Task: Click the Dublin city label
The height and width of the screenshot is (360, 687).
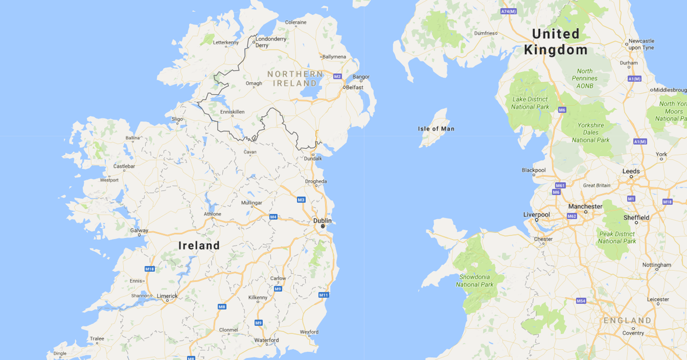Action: (322, 220)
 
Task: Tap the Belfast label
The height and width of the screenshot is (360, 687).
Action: (355, 88)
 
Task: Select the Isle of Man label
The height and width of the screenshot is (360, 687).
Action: (436, 129)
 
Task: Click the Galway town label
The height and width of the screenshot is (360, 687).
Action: (139, 231)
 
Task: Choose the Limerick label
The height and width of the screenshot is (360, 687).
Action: (168, 296)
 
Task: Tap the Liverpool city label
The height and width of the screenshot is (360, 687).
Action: (536, 215)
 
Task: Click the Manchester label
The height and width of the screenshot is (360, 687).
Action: (585, 206)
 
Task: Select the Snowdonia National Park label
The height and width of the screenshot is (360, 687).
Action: (475, 280)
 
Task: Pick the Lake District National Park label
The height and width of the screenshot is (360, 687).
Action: (530, 103)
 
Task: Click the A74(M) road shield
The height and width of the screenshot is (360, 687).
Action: (508, 11)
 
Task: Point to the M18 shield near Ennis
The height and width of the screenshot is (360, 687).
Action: (150, 269)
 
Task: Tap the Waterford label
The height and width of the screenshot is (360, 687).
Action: (267, 340)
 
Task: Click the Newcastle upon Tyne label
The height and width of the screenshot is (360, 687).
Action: (641, 44)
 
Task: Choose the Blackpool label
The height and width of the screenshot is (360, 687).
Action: (534, 170)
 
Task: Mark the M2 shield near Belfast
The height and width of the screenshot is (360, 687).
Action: (337, 76)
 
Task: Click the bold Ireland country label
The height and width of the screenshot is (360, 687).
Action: (199, 246)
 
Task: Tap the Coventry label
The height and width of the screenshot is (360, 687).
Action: (633, 333)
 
